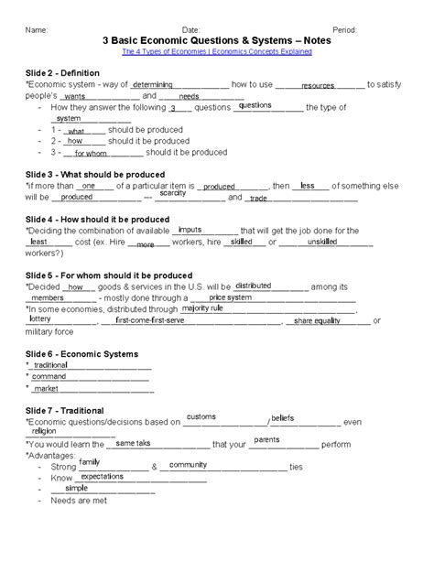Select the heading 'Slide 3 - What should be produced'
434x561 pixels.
(94, 174)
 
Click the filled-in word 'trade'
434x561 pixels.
(258, 199)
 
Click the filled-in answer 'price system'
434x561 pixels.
(230, 297)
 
